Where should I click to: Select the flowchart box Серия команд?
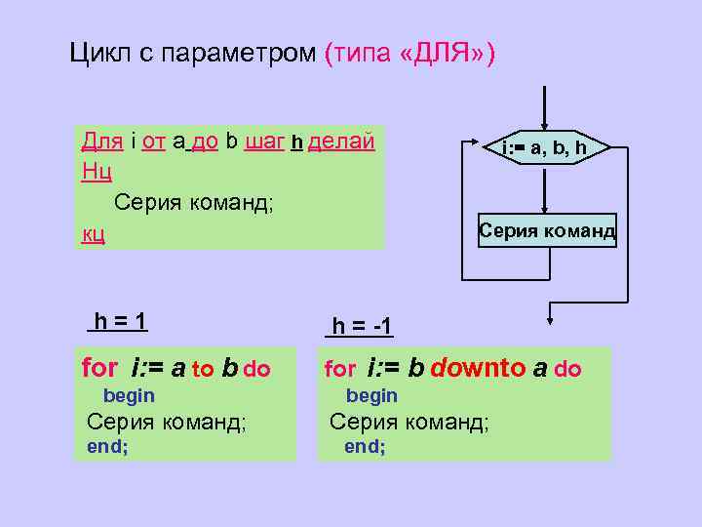[547, 230]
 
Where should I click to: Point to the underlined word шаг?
[264, 142]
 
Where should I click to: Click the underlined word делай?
[341, 142]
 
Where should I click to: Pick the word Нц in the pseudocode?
[97, 172]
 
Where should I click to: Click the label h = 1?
[120, 321]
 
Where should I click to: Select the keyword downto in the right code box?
[478, 368]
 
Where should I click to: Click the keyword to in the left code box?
[203, 369]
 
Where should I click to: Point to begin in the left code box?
[129, 395]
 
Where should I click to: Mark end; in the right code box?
[365, 446]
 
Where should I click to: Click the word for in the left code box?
[99, 368]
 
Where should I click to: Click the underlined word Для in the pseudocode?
[102, 142]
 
